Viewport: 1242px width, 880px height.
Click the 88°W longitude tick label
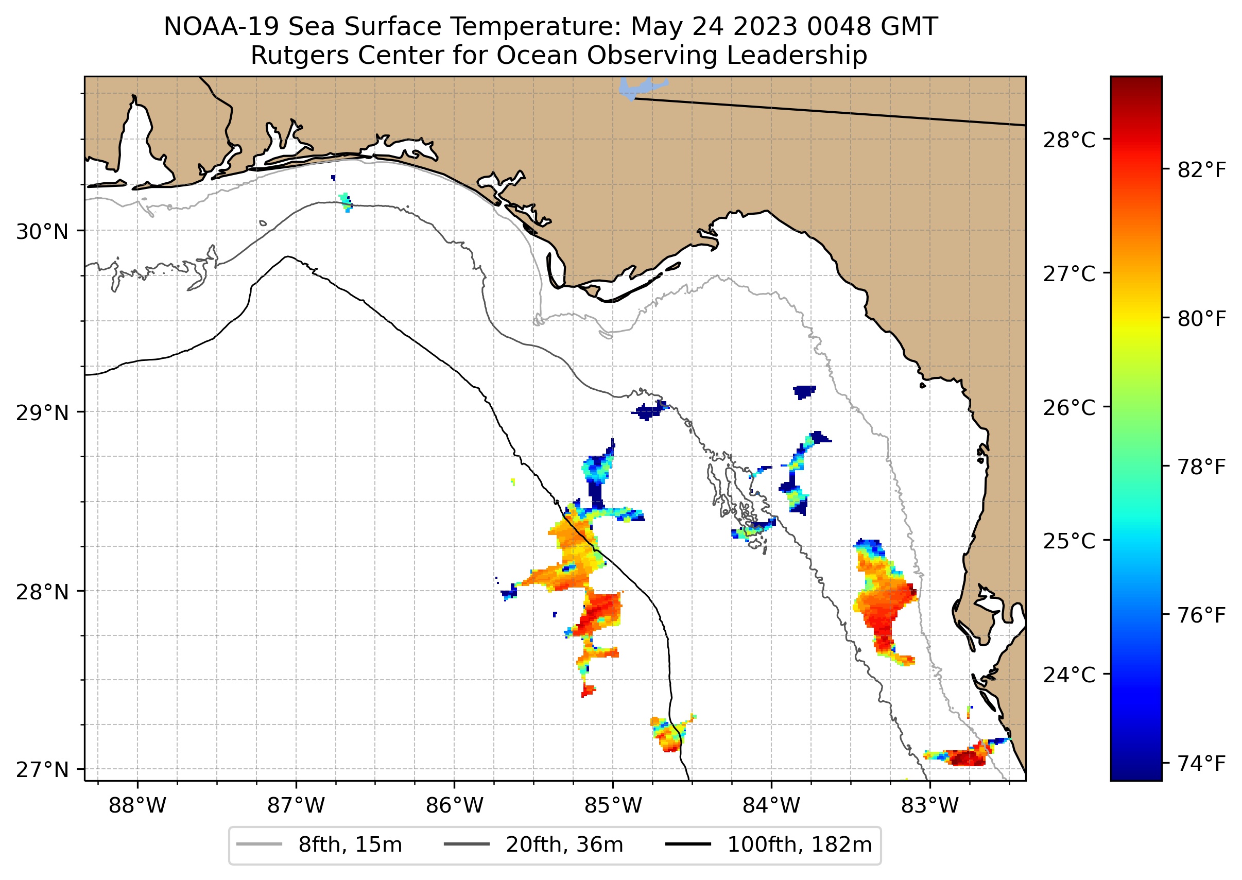[x=137, y=806]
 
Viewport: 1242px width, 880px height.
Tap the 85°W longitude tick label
[x=613, y=806]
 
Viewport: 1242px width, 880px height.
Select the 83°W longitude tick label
[x=930, y=806]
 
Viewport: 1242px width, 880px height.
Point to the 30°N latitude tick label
[x=42, y=232]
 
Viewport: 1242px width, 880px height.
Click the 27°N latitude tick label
[x=42, y=769]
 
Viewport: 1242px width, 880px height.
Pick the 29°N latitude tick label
[x=42, y=413]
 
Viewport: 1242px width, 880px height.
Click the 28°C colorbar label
[x=1069, y=141]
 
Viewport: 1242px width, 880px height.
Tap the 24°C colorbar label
[x=1069, y=675]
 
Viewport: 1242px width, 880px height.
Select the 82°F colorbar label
[x=1201, y=170]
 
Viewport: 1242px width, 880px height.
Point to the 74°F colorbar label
[x=1201, y=764]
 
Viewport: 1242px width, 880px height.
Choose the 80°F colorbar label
[x=1201, y=319]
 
